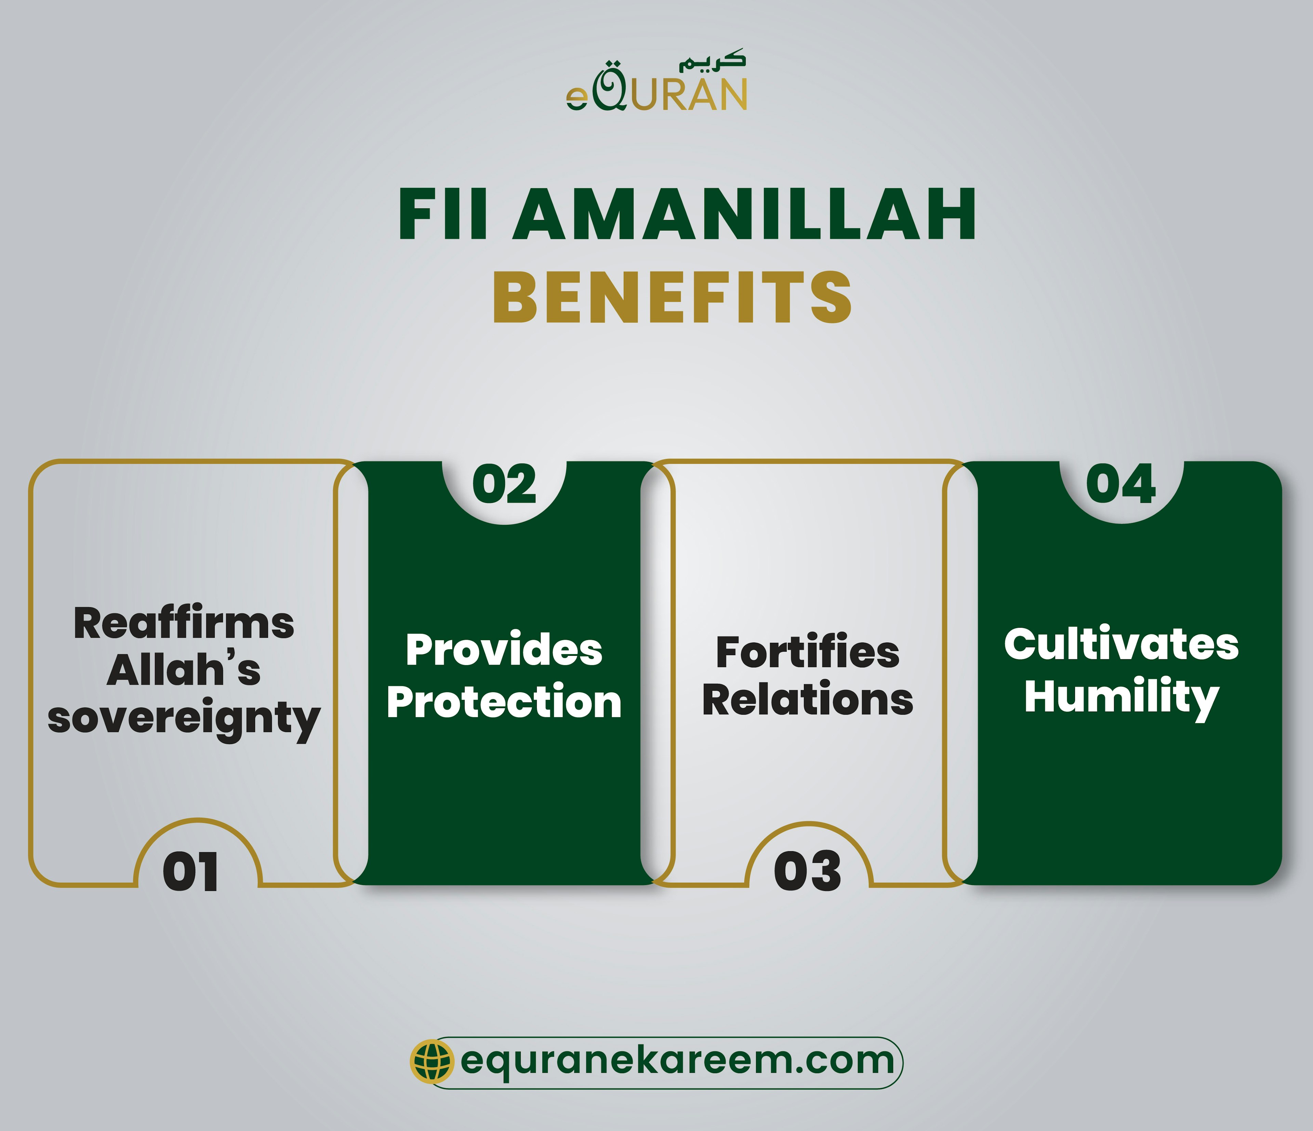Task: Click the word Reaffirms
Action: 184,623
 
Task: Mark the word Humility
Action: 1121,697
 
